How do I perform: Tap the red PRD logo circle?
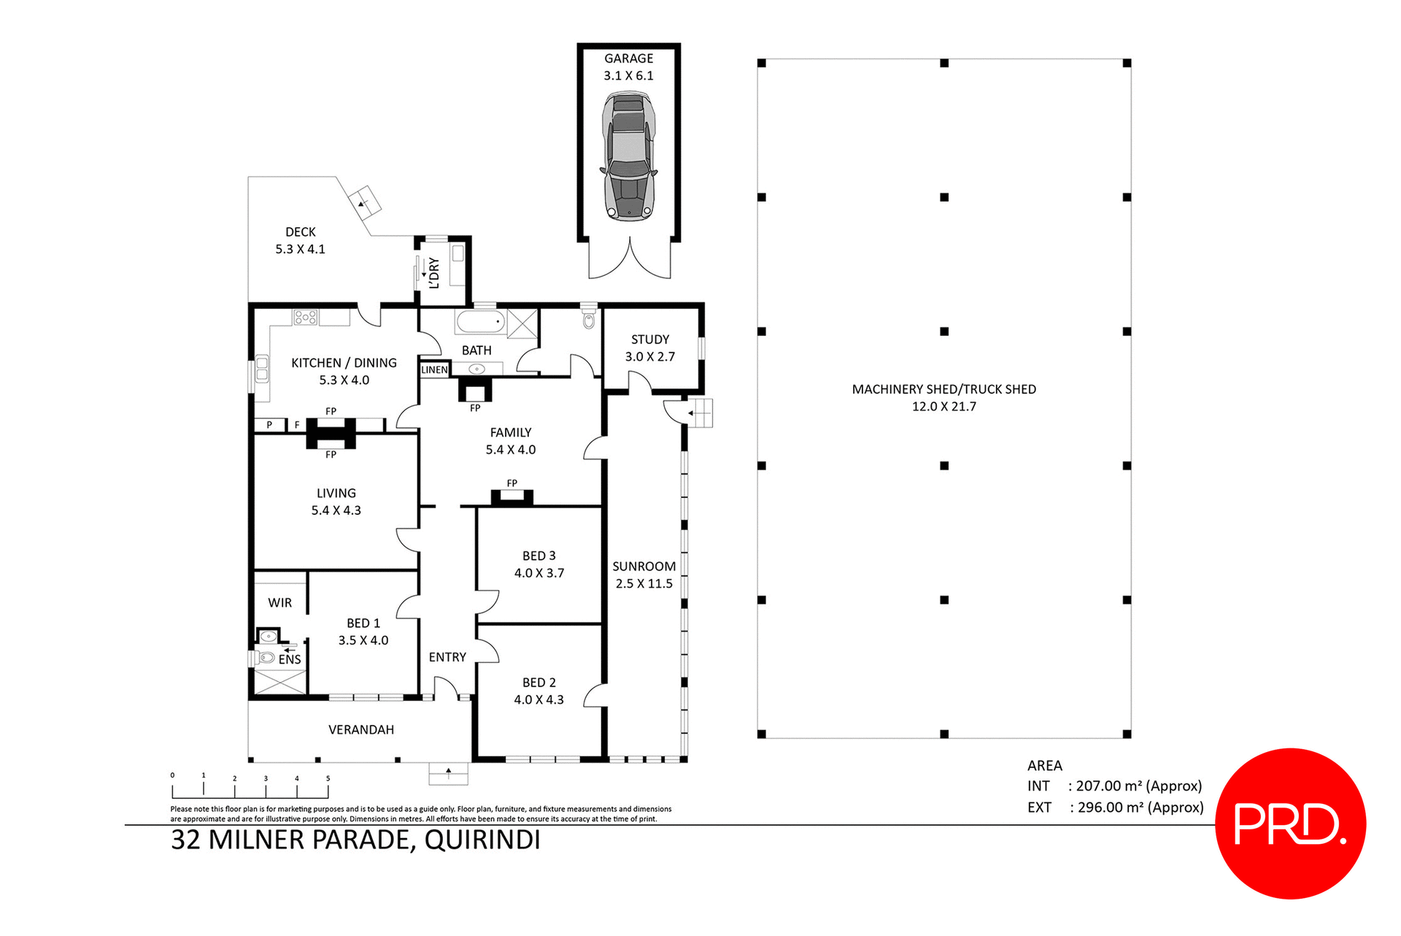click(x=1290, y=823)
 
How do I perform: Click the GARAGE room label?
click(x=628, y=58)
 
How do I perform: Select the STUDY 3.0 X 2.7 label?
click(x=649, y=348)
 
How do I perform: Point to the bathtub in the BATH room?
click(x=480, y=321)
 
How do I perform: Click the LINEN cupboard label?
click(x=434, y=370)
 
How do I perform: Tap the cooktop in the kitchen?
click(x=305, y=317)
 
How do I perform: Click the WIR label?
click(x=279, y=603)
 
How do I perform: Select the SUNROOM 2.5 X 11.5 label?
click(x=644, y=575)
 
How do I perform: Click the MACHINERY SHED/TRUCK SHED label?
click(x=943, y=390)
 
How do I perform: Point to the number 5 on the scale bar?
click(x=328, y=778)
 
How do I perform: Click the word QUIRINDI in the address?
click(x=482, y=840)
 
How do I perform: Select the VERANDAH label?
click(x=360, y=729)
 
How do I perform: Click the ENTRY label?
click(x=447, y=657)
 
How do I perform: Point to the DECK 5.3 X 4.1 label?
click(x=300, y=240)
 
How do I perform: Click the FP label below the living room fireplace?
click(x=331, y=455)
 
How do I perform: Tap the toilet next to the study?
click(x=589, y=320)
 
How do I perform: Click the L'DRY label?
click(x=434, y=272)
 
